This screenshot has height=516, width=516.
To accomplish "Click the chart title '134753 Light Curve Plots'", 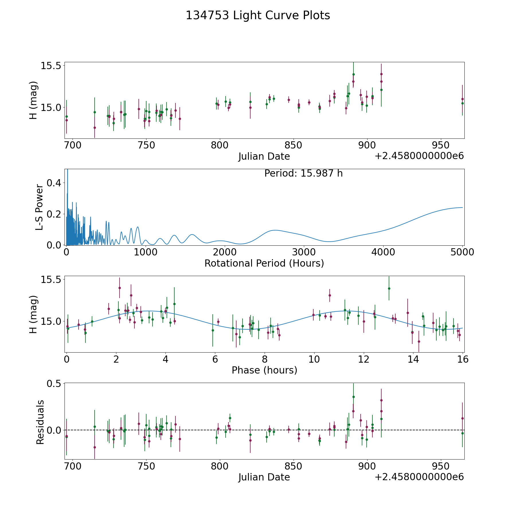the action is click(x=258, y=15).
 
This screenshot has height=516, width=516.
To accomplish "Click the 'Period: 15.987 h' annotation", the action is click(x=303, y=173).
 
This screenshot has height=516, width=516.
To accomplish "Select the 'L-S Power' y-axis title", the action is click(x=39, y=207).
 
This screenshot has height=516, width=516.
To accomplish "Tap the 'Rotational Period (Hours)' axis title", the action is click(x=264, y=263).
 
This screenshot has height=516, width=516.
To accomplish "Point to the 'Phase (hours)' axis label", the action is click(x=264, y=370).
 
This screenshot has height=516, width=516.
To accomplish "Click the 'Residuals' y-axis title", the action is click(x=40, y=422).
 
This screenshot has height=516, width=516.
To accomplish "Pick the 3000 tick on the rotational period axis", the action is click(x=304, y=252).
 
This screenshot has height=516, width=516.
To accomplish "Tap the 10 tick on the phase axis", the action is click(x=314, y=359).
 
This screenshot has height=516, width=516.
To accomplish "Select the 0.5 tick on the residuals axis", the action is click(x=54, y=383).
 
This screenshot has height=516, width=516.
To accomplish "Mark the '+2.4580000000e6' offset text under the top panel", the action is click(x=419, y=156).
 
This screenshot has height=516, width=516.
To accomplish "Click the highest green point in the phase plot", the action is click(x=389, y=288).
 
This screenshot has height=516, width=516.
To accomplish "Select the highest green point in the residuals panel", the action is click(x=353, y=397).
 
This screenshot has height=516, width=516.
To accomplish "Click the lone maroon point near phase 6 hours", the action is click(x=218, y=322).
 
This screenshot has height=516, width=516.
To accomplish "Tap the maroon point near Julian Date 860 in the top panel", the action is click(x=309, y=102).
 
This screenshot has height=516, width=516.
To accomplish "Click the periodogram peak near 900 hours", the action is click(x=138, y=227).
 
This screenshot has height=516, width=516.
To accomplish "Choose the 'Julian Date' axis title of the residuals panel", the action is click(x=264, y=477).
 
